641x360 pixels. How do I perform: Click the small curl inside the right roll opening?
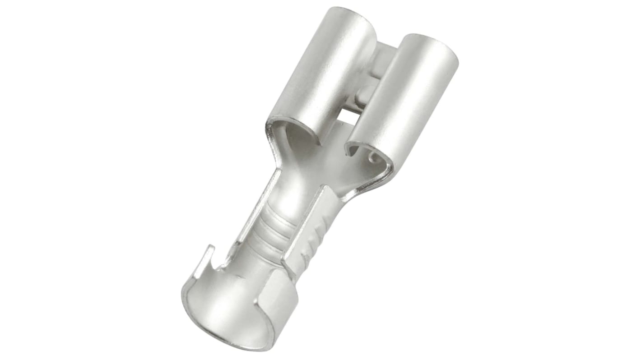pyautogui.click(x=373, y=157)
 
